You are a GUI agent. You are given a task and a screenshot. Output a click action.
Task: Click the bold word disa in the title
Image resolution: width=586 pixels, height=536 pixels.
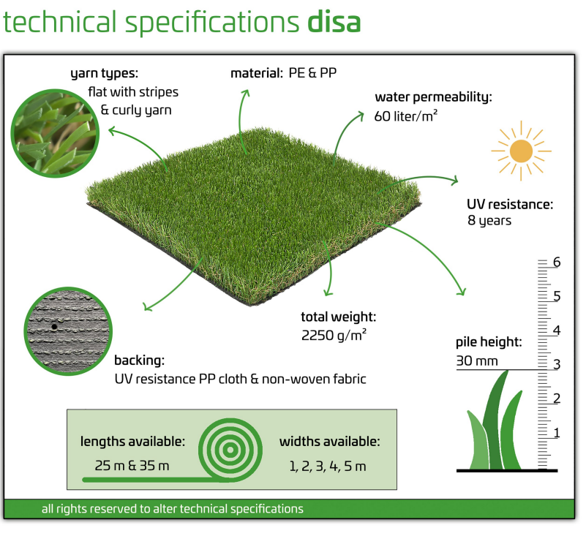point(334,22)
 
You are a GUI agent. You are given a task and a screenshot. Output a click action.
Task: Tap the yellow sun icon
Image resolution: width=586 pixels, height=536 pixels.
point(521,151)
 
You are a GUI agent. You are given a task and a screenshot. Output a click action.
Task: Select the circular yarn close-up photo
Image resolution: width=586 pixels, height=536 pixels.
point(55,133)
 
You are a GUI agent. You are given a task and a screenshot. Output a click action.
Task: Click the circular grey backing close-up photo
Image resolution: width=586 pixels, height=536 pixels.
point(68,331)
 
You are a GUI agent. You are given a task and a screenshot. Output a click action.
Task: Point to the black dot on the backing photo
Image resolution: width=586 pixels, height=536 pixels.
point(54,327)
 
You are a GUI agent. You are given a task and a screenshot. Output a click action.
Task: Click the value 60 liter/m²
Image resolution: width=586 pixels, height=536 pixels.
point(406,116)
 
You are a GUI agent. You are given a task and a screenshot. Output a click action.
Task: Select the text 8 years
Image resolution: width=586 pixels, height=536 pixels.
point(489,221)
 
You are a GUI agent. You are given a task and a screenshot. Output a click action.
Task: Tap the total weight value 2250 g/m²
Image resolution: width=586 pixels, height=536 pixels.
point(334,335)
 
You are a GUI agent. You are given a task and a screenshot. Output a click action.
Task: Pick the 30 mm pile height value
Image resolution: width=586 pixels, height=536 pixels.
point(477,361)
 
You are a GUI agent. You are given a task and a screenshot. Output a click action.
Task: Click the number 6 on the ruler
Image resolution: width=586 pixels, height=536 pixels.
point(557,263)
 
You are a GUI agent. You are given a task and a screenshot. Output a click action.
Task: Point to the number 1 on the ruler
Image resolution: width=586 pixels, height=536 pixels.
point(557,433)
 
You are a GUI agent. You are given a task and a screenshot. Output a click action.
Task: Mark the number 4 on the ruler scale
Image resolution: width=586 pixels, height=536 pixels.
point(557,331)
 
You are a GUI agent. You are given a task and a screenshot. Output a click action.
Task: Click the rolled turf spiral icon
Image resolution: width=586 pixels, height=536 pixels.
point(230,450)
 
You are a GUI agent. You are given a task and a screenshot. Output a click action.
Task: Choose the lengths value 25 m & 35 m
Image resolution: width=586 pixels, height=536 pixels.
point(132,466)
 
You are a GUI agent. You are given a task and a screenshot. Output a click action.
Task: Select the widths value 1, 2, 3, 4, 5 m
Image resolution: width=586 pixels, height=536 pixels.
point(328,466)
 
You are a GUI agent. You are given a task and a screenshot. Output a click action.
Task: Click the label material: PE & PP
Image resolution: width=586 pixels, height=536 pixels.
point(284,73)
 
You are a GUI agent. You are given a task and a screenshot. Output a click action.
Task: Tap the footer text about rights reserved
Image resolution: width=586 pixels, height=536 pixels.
point(172,509)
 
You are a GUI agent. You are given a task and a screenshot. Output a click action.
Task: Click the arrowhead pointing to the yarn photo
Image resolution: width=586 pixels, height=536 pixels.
point(112,131)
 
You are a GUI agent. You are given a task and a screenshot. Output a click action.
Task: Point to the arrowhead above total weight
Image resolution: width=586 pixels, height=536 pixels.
point(328,292)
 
